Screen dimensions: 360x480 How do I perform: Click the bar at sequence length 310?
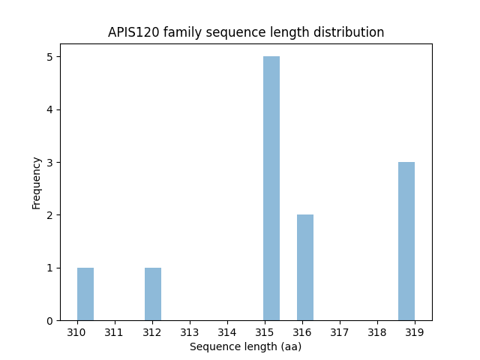85,294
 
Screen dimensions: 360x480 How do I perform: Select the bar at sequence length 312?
153,294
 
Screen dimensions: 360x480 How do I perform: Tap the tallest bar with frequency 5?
271,188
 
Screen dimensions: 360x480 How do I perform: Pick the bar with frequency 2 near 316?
305,268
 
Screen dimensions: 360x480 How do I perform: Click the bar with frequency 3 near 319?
406,241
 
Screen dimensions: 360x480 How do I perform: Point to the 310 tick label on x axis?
76,331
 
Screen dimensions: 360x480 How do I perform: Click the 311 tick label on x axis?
114,331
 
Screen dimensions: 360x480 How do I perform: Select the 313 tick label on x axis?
189,331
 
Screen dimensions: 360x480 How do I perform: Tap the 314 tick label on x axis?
227,331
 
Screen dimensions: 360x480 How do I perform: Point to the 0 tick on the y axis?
49,321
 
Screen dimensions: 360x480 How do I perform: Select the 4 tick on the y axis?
49,110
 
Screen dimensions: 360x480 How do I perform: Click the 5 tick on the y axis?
49,57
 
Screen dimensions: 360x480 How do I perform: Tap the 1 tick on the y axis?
49,268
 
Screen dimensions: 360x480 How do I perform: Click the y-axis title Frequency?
36,182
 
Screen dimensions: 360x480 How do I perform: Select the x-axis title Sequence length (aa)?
245,346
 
